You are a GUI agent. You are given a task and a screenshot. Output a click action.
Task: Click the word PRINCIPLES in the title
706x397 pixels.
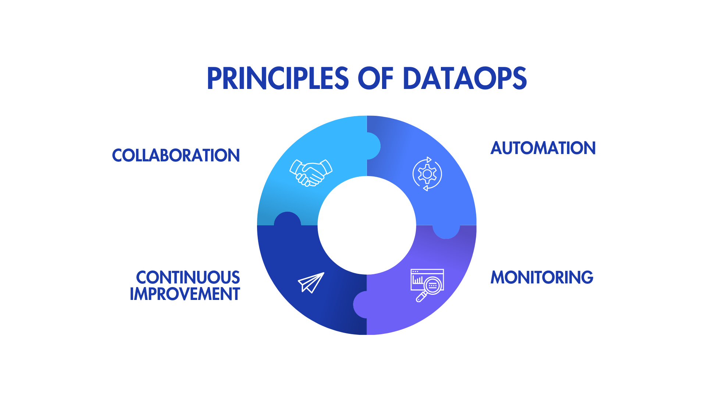pyautogui.click(x=278, y=78)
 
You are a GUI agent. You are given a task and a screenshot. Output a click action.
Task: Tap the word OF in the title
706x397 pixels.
pyautogui.click(x=375, y=78)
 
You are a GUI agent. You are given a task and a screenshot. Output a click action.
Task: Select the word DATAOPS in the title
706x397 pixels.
pyautogui.click(x=465, y=78)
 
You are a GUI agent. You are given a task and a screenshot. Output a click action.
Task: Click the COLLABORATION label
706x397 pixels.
pyautogui.click(x=176, y=155)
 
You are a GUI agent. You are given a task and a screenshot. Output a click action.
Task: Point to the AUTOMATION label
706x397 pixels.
pyautogui.click(x=543, y=148)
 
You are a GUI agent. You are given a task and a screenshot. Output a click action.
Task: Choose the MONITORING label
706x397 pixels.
pyautogui.click(x=542, y=278)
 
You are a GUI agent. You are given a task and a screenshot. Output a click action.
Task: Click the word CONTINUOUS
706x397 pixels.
pyautogui.click(x=188, y=278)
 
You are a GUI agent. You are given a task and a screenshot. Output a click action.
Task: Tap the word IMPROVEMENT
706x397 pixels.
pyautogui.click(x=185, y=294)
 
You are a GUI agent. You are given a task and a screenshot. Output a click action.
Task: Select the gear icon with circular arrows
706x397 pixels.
pyautogui.click(x=427, y=174)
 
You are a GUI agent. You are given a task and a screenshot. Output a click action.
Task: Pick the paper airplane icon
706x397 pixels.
pyautogui.click(x=311, y=283)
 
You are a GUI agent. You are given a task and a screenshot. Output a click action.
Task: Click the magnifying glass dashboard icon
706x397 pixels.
pyautogui.click(x=427, y=285)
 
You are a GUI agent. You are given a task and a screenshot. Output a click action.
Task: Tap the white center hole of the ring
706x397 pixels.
pyautogui.click(x=367, y=225)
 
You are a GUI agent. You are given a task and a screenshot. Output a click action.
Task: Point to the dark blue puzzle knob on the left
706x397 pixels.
pyautogui.click(x=288, y=219)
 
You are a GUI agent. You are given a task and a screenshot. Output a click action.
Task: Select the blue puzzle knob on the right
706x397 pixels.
pyautogui.click(x=446, y=232)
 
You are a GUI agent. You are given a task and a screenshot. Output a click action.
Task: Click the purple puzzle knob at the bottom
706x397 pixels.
pyautogui.click(x=360, y=304)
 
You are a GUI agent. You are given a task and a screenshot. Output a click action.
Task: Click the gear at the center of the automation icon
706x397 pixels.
pyautogui.click(x=427, y=174)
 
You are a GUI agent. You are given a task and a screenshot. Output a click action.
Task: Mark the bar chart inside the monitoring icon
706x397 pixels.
pyautogui.click(x=418, y=280)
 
